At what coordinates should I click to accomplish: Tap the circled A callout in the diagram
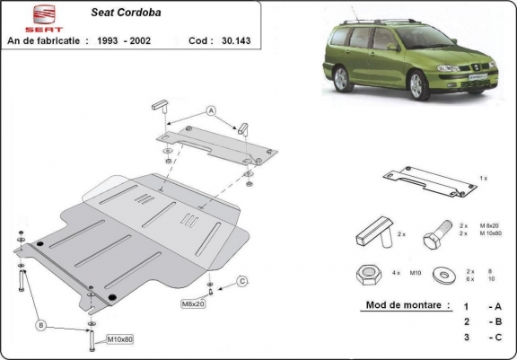point(212,111)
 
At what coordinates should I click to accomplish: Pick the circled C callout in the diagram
point(242,282)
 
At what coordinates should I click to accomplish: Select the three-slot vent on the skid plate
point(188,218)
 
